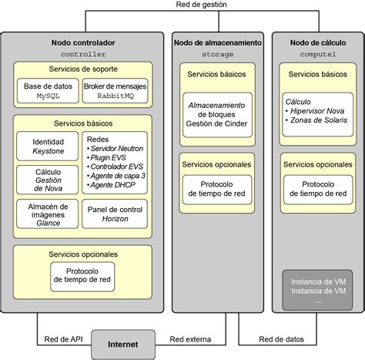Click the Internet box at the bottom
tap(123, 344)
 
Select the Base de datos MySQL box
tap(47, 92)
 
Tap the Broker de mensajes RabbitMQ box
tap(114, 92)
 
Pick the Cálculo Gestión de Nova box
tap(47, 181)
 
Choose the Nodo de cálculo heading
tap(318, 43)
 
